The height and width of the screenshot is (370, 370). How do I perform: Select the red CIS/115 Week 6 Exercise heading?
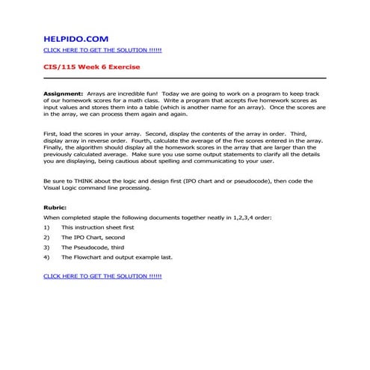coord(87,67)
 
